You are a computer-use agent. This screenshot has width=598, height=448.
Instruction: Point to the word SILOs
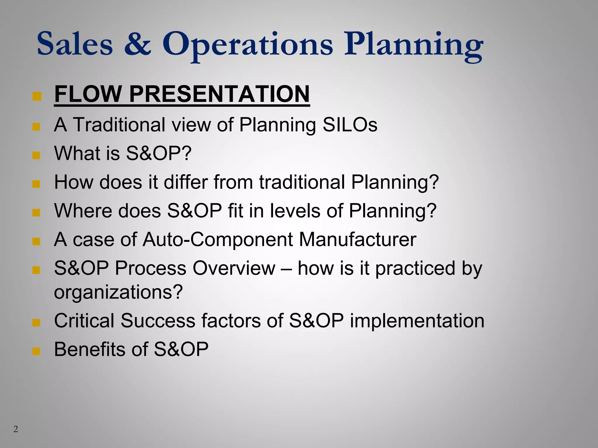click(x=350, y=125)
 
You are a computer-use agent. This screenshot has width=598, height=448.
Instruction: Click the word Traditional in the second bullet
click(x=119, y=125)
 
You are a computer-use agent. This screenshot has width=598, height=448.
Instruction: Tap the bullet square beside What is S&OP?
click(x=36, y=155)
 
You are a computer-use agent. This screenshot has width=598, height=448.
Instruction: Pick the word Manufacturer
click(x=357, y=239)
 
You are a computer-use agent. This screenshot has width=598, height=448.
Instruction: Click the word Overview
click(x=234, y=268)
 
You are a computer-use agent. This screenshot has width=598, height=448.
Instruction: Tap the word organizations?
click(x=118, y=292)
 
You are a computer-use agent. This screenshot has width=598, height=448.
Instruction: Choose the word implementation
click(x=417, y=321)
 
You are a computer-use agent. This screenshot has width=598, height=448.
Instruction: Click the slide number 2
click(x=16, y=429)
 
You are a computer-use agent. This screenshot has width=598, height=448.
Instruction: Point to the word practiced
click(x=415, y=269)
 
